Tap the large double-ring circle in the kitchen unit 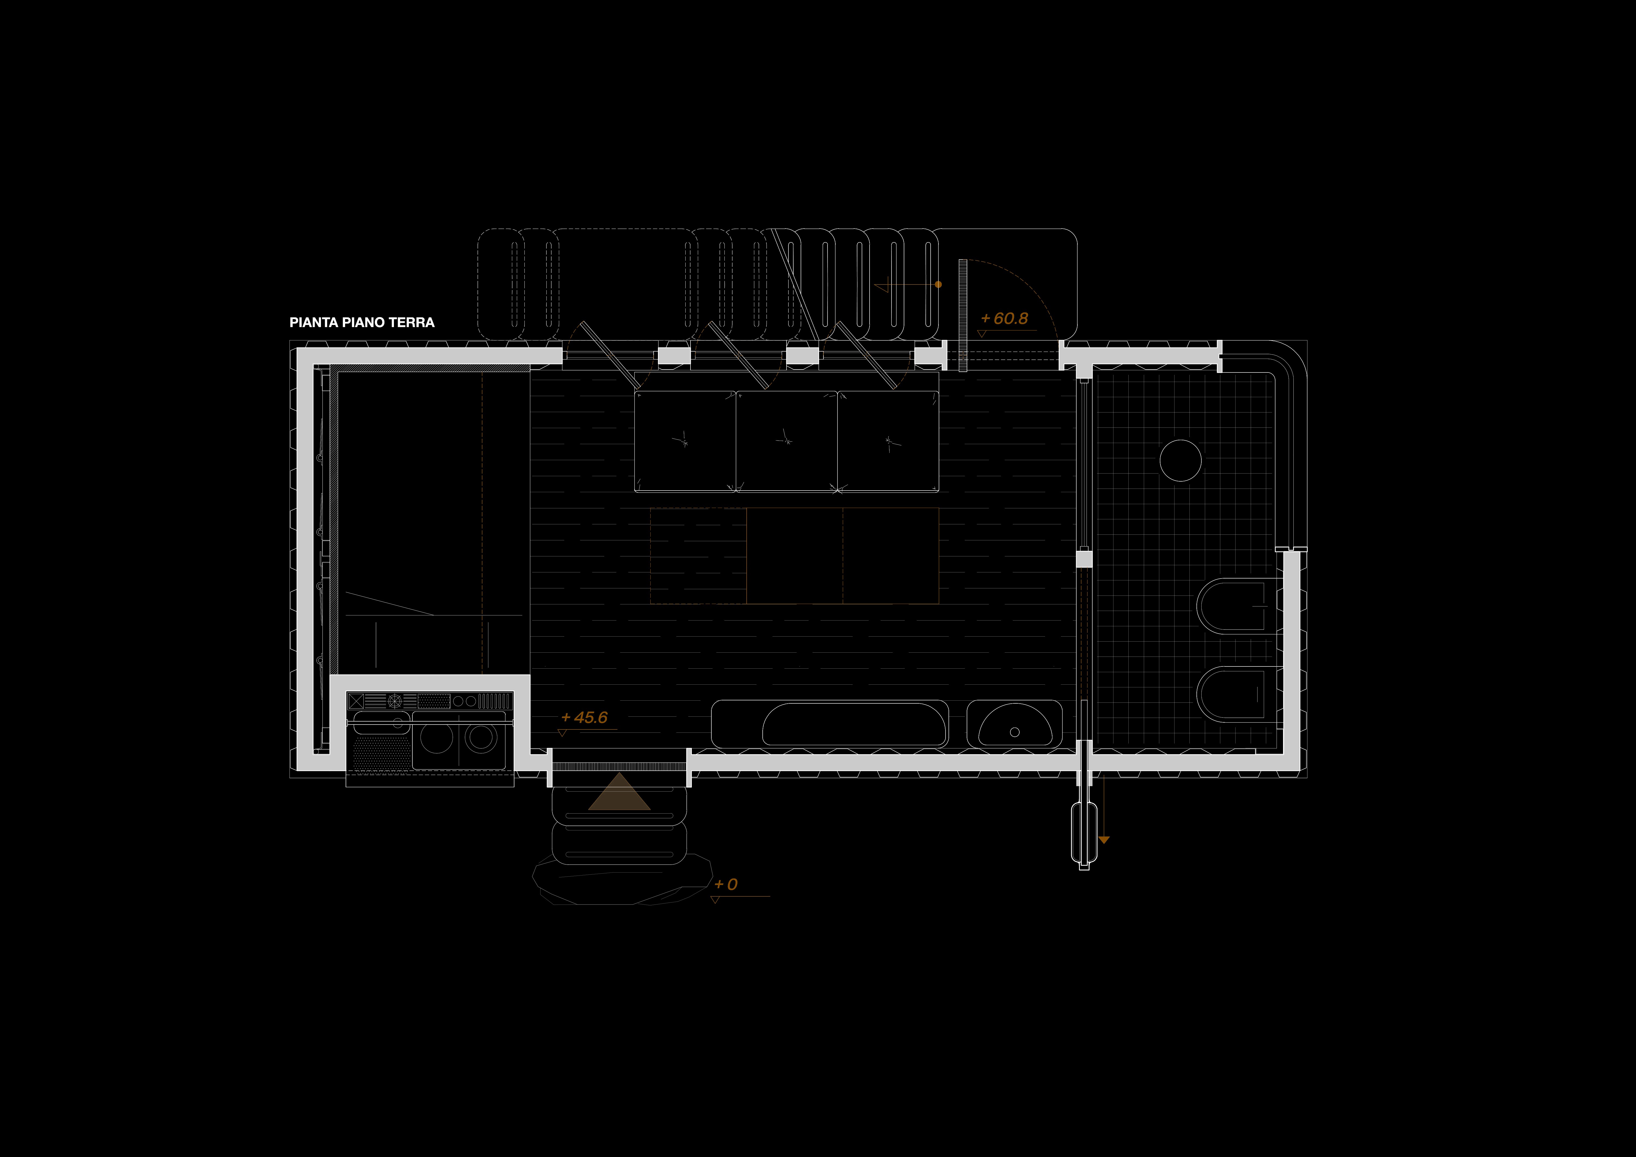(482, 738)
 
